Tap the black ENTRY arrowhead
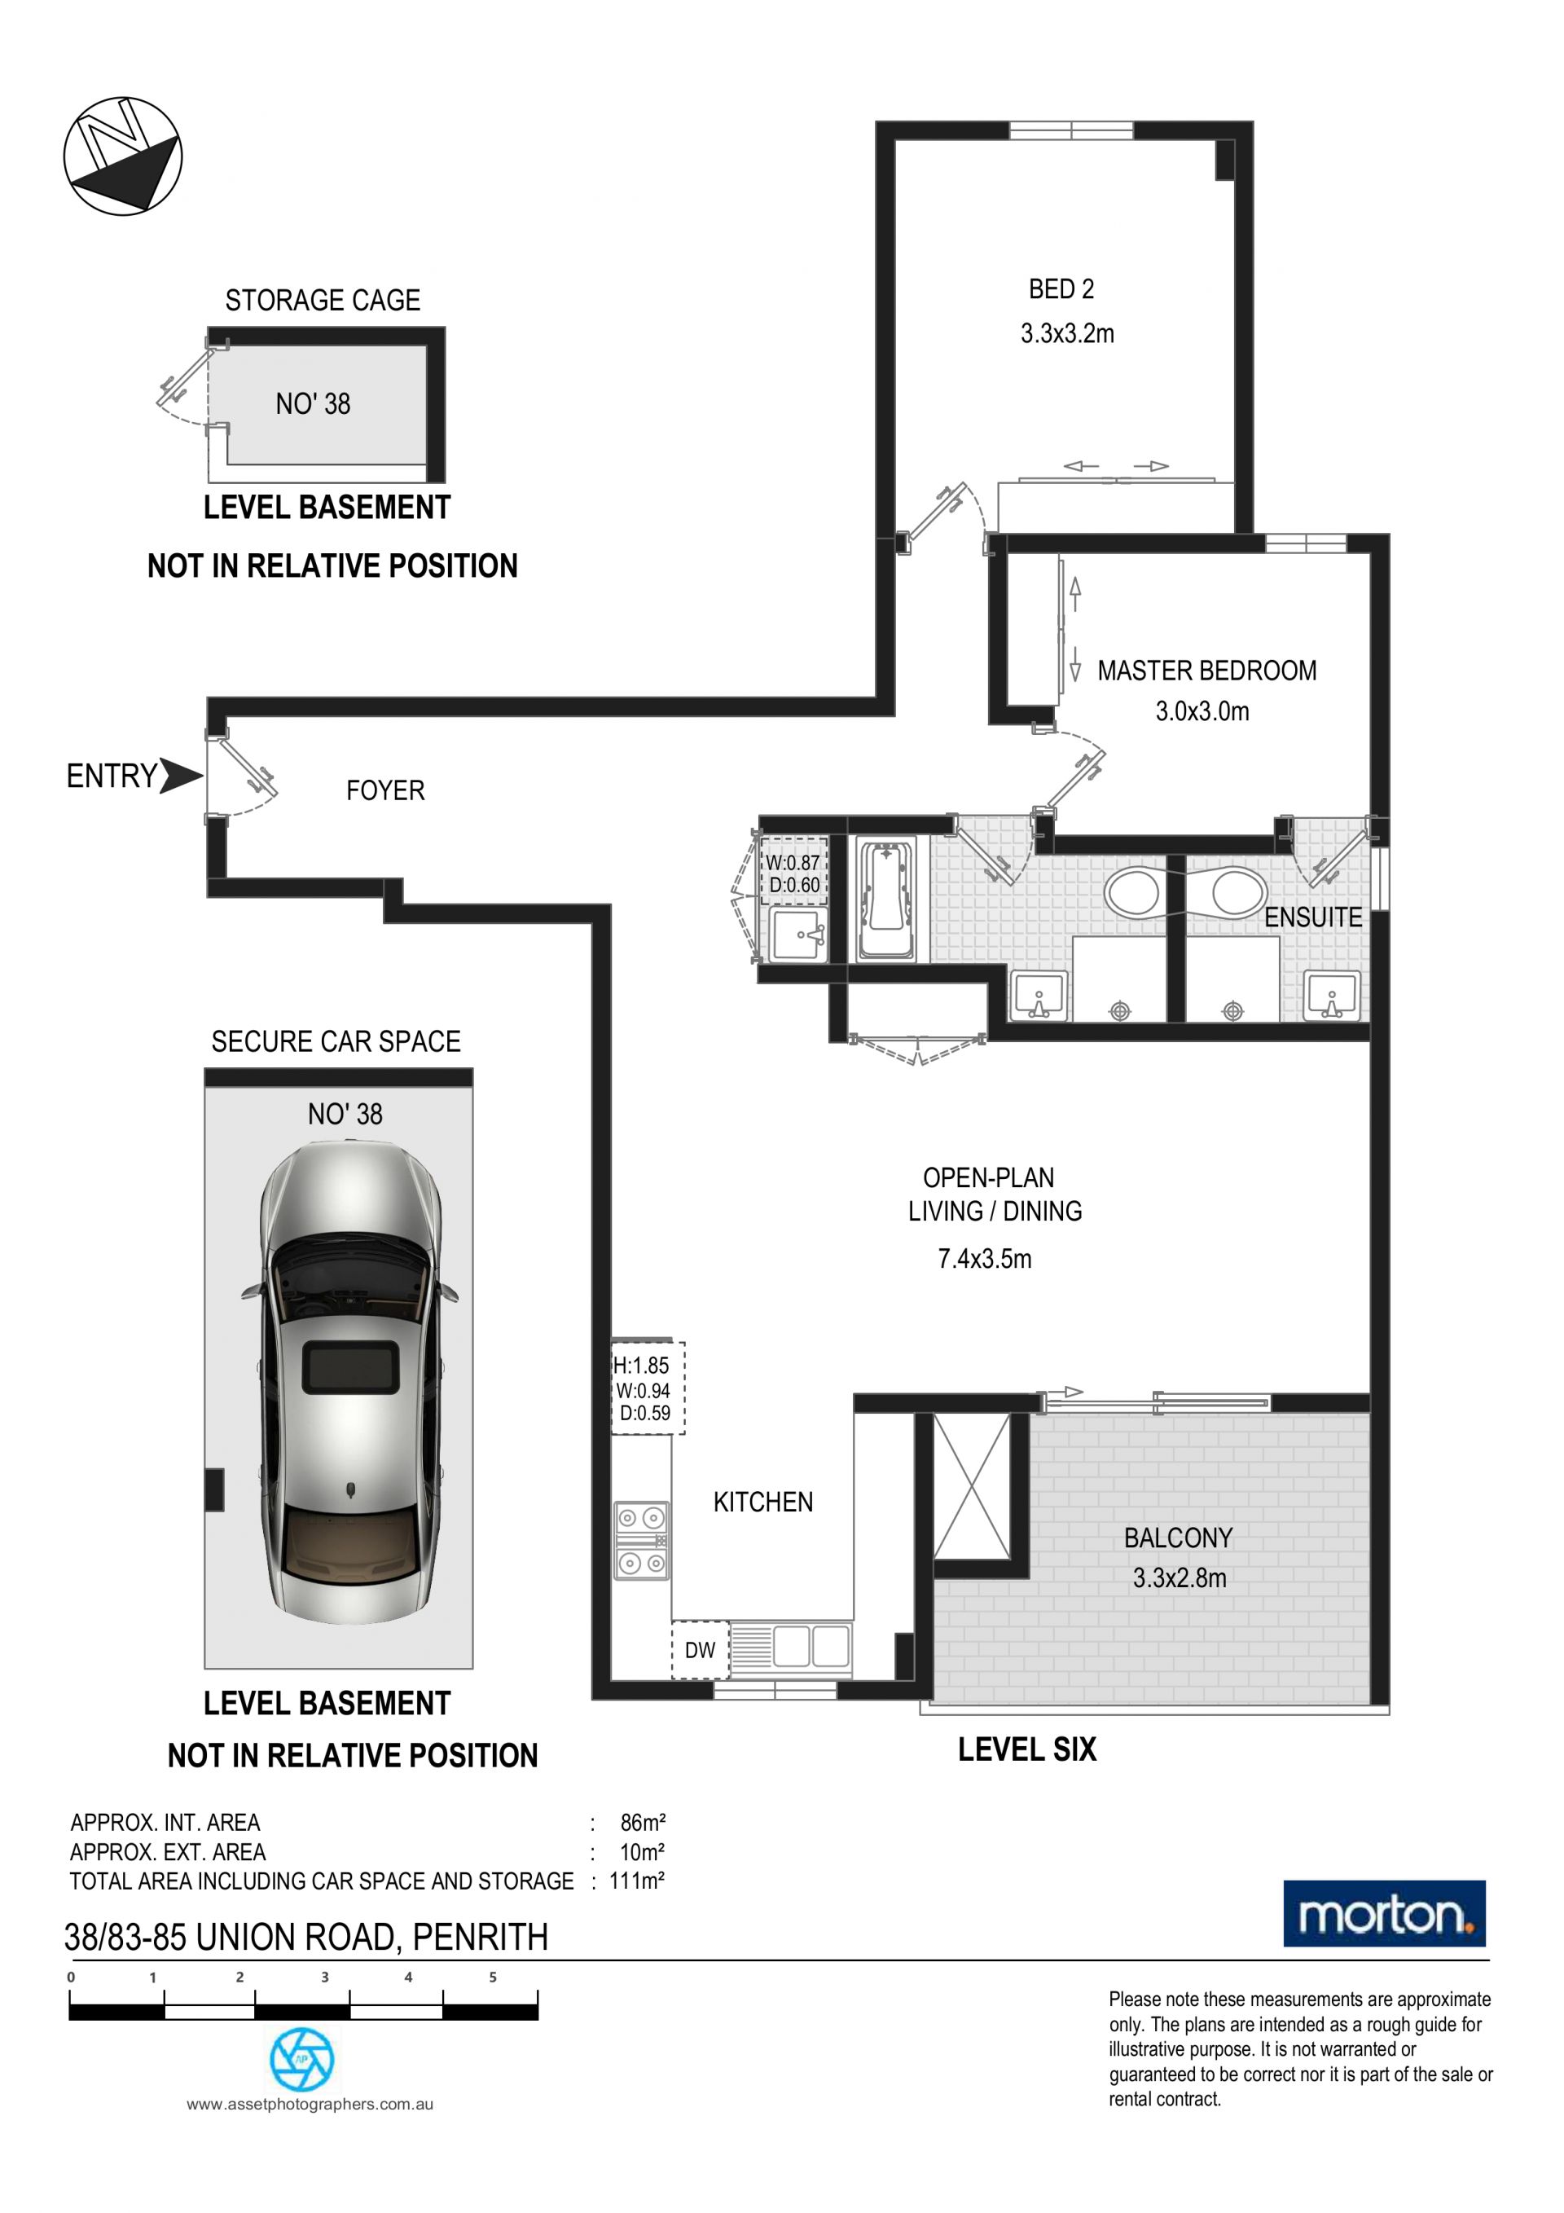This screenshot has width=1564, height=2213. [x=181, y=775]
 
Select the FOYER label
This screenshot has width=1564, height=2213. [x=385, y=790]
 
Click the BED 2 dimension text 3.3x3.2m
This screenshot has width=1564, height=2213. [x=1067, y=333]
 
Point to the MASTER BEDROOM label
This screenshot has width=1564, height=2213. [x=1206, y=670]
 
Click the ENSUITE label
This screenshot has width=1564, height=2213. [x=1312, y=917]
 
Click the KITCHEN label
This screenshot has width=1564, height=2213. [x=763, y=1502]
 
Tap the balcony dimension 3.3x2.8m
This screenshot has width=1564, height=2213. [x=1179, y=1577]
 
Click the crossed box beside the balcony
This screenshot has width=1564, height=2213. [x=973, y=1485]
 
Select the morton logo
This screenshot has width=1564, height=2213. [x=1384, y=1913]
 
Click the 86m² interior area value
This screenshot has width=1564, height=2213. [x=643, y=1823]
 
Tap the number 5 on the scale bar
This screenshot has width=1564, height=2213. [x=493, y=1977]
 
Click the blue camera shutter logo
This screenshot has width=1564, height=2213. [x=301, y=2060]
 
